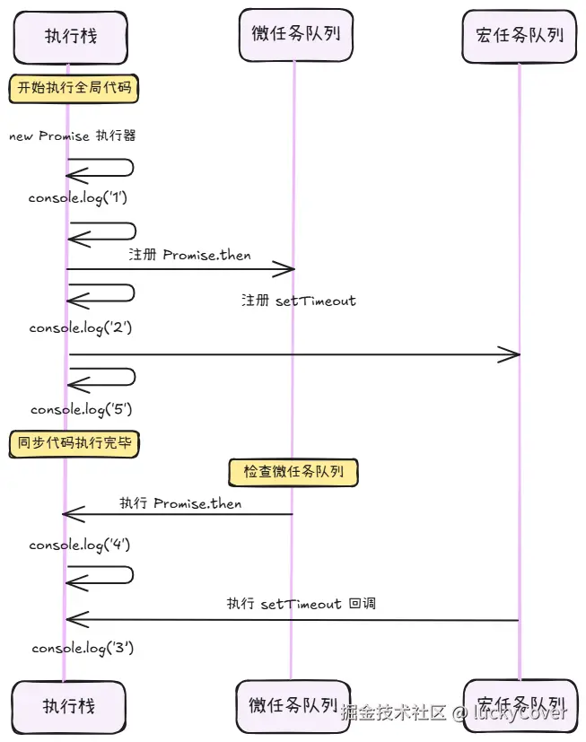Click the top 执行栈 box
pos(71,37)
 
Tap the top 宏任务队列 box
pos(520,35)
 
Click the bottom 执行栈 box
pos(69,706)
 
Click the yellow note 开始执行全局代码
pos(74,88)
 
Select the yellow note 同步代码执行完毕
pos(74,442)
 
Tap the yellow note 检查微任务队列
pos(293,471)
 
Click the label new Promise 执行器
pos(72,136)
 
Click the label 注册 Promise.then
pos(189,255)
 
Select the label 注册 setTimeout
pos(298,301)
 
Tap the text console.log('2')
pos(81,328)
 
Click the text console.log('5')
pos(82,409)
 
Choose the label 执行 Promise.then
pos(180,503)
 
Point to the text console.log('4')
pos(81,545)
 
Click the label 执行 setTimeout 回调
pos(301,604)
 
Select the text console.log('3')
pos(83,648)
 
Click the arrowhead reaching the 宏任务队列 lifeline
pos(511,355)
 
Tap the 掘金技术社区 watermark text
pos(394,713)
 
